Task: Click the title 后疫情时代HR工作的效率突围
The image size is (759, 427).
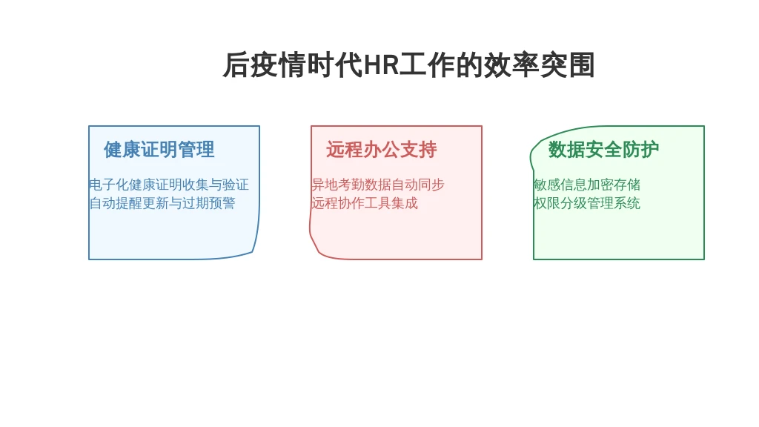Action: click(408, 65)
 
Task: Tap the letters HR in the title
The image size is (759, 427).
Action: click(381, 65)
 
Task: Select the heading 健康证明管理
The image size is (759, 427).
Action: click(159, 150)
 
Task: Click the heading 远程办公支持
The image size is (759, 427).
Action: click(382, 150)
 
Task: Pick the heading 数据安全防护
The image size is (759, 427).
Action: click(603, 150)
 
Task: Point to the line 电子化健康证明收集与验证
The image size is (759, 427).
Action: click(169, 185)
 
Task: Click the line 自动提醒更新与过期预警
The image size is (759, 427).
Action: click(162, 203)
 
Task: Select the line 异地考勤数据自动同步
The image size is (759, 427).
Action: click(377, 185)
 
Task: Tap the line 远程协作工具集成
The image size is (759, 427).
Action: click(365, 203)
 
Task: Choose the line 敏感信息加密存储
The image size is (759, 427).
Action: click(587, 185)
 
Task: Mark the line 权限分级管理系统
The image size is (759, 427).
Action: click(587, 203)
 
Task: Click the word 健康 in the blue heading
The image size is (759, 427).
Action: click(122, 150)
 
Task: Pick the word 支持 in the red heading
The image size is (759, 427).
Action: click(419, 150)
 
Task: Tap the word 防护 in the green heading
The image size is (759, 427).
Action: click(641, 150)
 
